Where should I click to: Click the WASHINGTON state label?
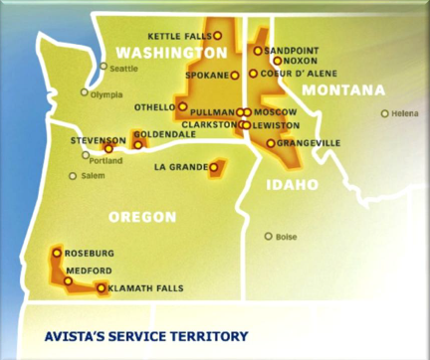click(x=171, y=52)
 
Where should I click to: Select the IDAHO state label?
click(x=292, y=184)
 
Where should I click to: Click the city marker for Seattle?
click(x=103, y=68)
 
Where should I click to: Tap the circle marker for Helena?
click(x=385, y=113)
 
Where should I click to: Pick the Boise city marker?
click(x=268, y=237)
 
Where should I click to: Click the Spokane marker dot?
click(x=235, y=75)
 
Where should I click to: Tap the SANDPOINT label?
click(x=293, y=50)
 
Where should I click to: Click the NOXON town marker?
click(x=278, y=61)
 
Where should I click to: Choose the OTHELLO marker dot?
click(x=182, y=105)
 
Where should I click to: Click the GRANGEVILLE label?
click(x=310, y=143)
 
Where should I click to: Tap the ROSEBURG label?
click(x=90, y=253)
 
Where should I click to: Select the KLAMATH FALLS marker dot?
click(x=102, y=288)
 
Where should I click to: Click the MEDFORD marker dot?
click(x=68, y=281)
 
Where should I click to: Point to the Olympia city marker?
click(x=84, y=92)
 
